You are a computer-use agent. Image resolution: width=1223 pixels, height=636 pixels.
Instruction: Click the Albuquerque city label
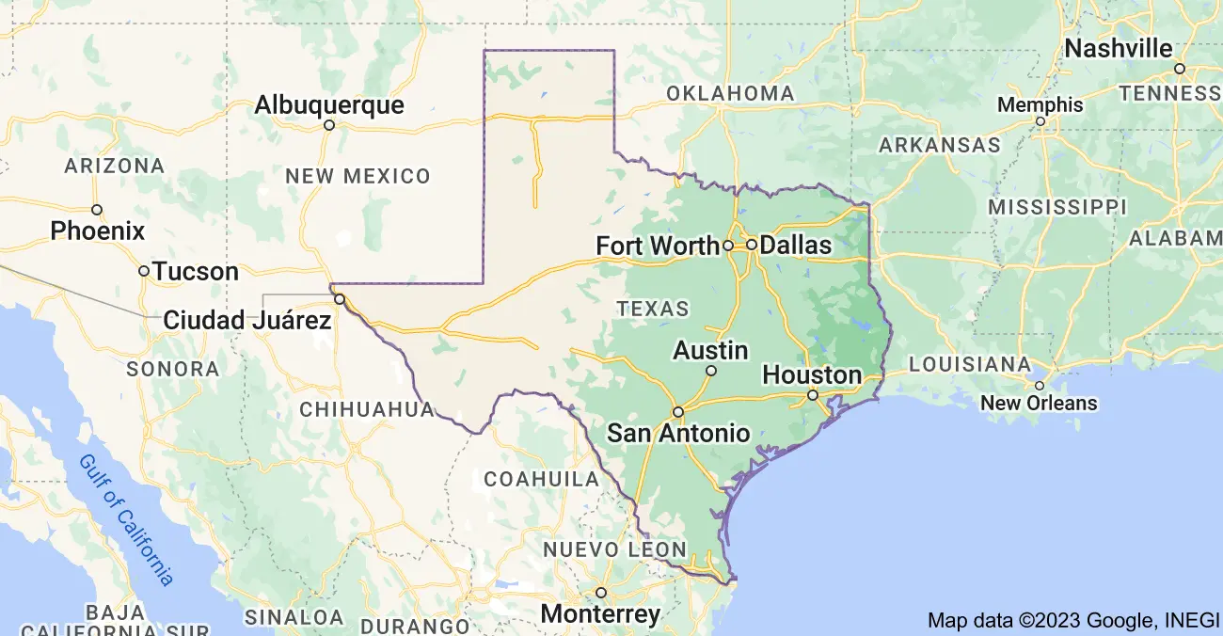coord(329,104)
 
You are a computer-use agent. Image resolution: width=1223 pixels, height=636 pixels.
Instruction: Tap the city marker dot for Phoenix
coord(97,210)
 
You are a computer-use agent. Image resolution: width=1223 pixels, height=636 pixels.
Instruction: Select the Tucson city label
coord(196,272)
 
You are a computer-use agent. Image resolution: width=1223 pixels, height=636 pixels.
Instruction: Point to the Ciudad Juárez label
coord(247,321)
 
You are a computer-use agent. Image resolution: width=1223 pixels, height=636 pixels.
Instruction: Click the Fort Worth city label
coord(658,246)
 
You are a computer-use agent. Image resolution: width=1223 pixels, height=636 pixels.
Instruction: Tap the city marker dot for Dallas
coord(752,245)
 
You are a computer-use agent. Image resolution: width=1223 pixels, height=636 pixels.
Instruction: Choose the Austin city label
coord(710,351)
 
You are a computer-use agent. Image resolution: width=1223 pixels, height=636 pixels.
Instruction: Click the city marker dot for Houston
coord(813,395)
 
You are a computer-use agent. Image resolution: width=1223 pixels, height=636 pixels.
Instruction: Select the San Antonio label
coord(678,434)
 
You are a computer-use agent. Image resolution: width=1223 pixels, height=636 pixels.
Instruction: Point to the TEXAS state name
coord(653,309)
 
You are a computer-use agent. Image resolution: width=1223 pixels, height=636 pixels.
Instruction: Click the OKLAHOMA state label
coord(730,94)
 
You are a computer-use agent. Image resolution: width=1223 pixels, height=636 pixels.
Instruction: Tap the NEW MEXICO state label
coord(357,176)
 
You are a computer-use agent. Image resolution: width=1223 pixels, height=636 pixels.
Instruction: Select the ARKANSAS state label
coord(939,146)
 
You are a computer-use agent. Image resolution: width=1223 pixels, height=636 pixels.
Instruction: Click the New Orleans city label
coord(1039,404)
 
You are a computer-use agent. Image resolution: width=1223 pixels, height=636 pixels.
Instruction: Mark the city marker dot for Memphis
coord(1040,121)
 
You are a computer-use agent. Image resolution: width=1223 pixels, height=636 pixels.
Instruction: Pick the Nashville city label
coord(1119,49)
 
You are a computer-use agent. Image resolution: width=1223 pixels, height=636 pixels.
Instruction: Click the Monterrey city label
coord(600,614)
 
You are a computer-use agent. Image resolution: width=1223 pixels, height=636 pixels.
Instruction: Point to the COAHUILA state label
coord(541,480)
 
